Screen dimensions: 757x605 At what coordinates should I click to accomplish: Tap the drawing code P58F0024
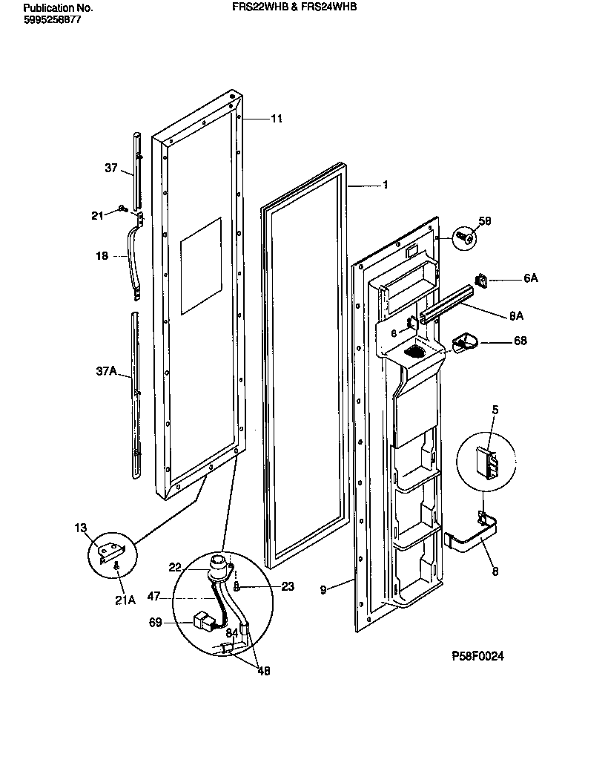pos(482,656)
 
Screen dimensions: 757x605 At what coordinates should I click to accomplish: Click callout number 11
pos(276,119)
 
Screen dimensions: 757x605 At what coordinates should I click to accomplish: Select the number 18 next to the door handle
pos(102,256)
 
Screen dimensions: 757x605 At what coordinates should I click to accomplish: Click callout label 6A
pos(530,278)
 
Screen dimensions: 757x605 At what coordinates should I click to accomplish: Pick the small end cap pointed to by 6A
pos(480,281)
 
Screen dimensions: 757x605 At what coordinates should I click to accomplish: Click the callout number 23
pos(288,586)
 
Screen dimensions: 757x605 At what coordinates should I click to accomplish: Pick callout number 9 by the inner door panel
pos(323,590)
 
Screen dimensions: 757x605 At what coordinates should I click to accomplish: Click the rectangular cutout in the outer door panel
pos(200,265)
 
